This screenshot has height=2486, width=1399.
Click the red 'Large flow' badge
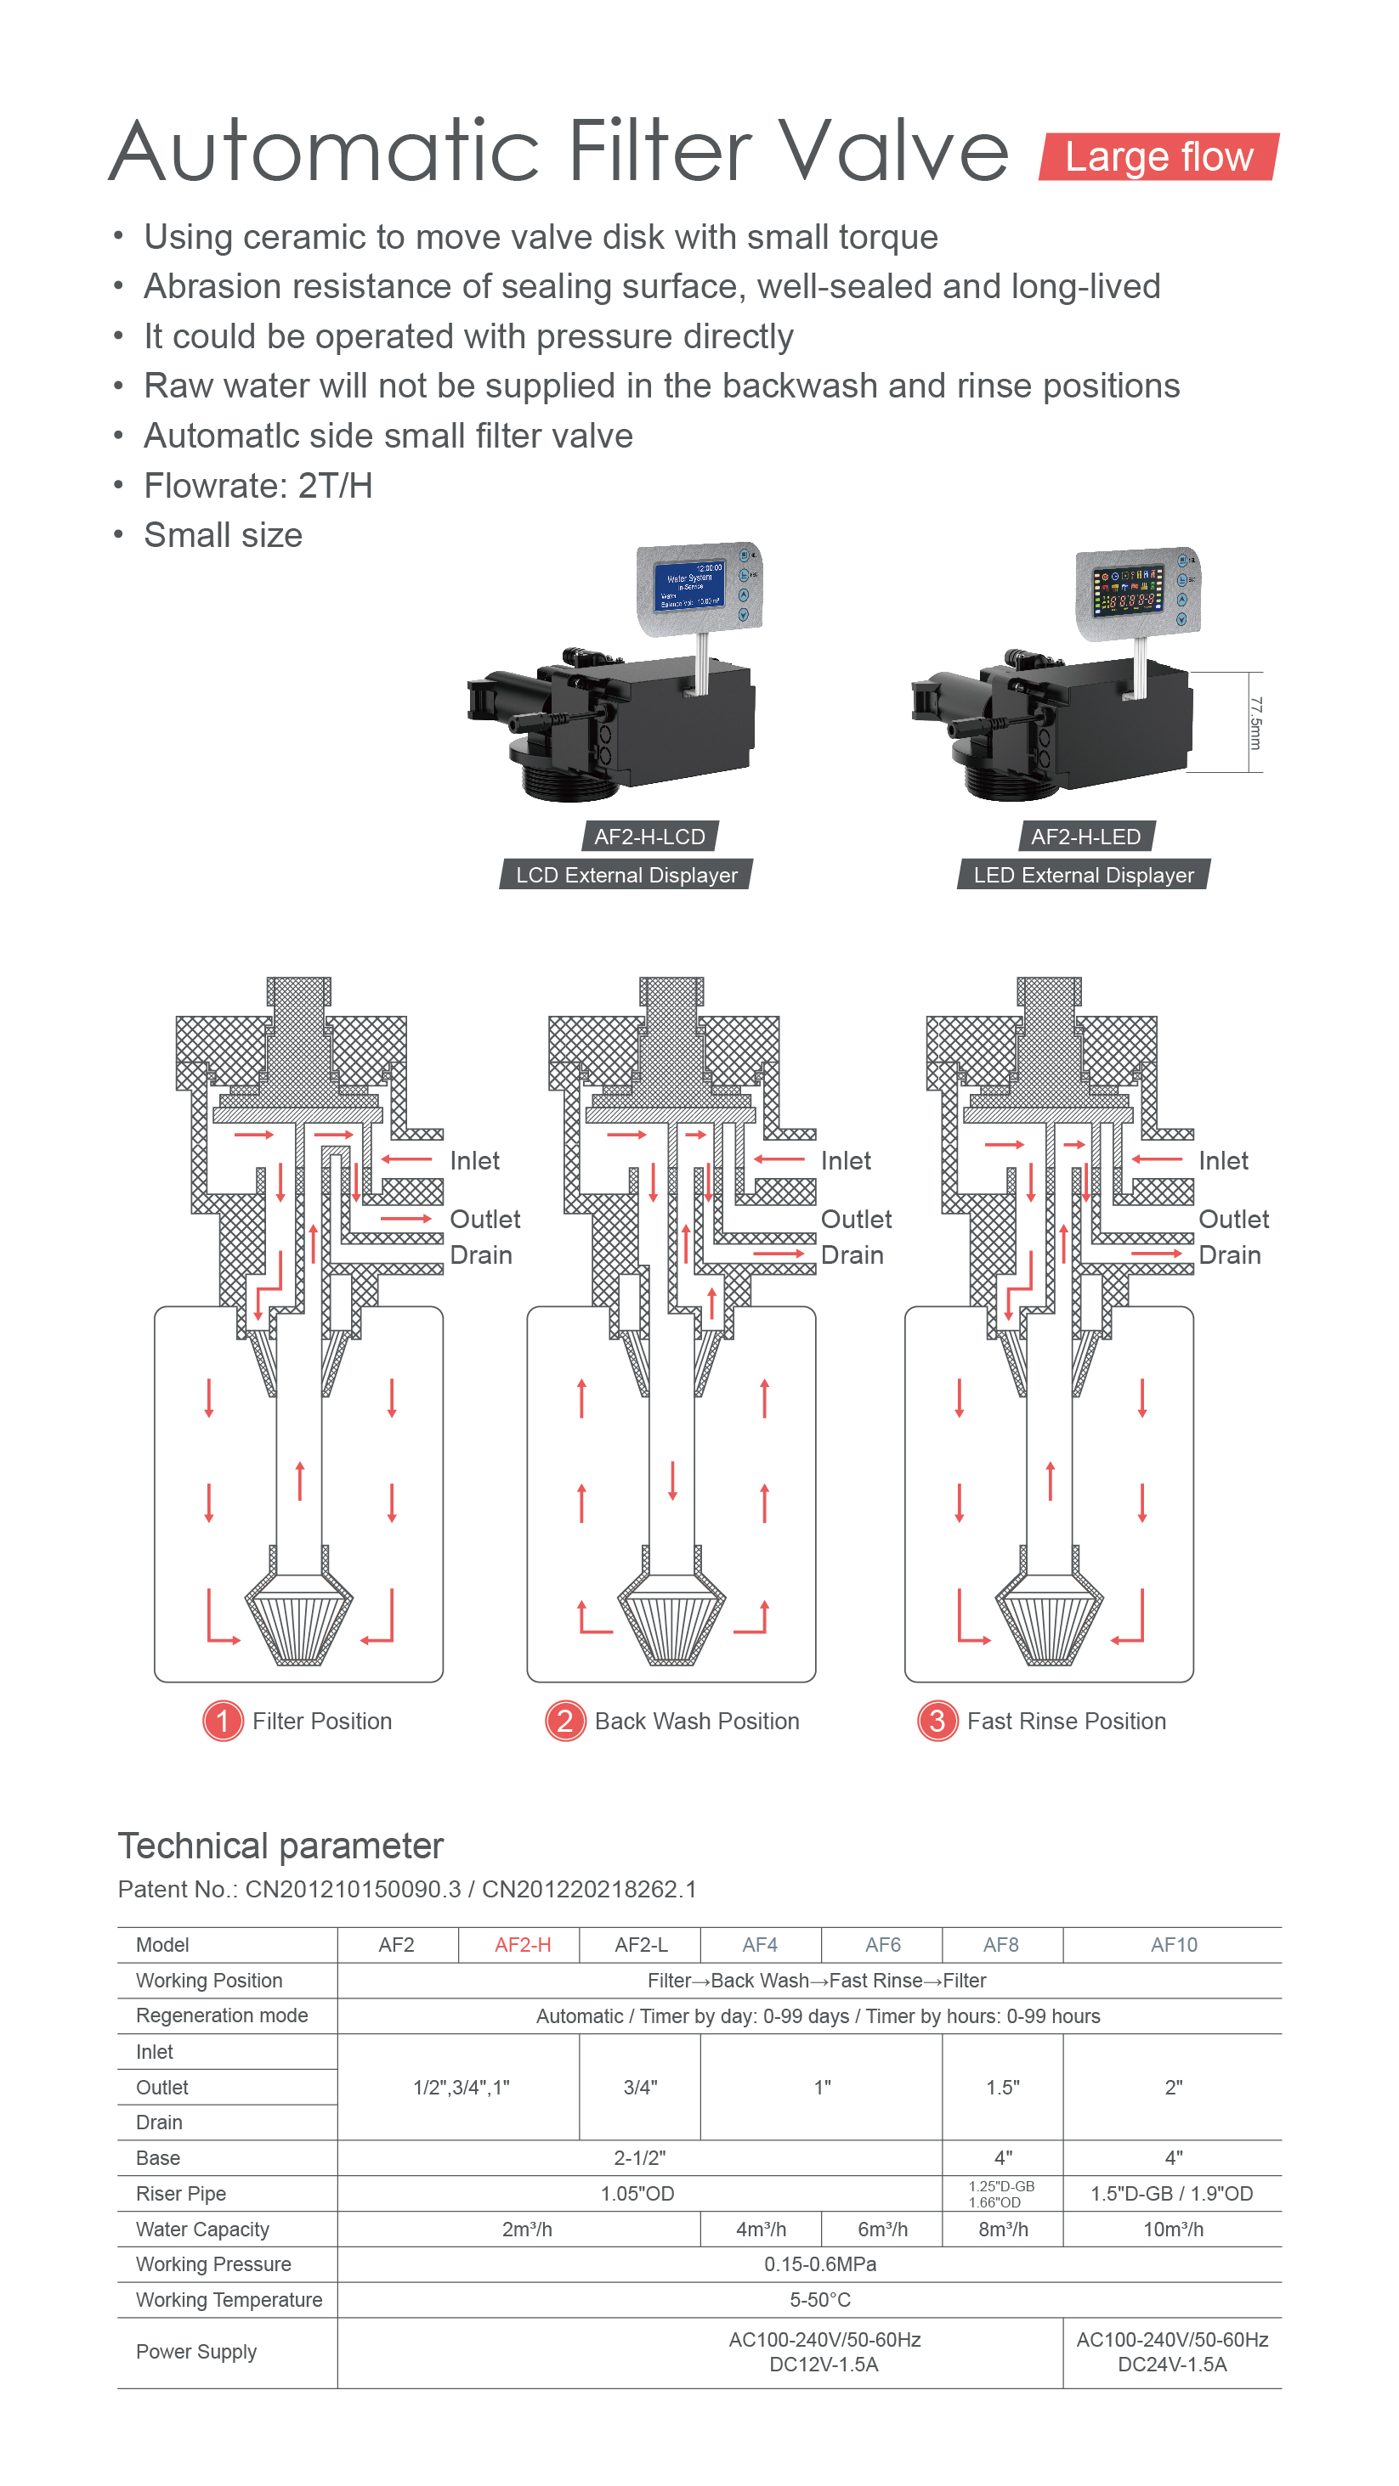coord(1158,156)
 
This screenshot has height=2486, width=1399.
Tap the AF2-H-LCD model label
coord(649,837)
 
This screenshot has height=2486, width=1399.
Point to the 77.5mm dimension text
coord(1255,723)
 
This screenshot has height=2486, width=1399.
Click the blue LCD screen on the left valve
coord(691,585)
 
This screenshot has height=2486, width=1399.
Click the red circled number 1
coord(223,1721)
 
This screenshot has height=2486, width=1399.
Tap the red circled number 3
coord(936,1721)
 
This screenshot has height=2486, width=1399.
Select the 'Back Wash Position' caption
coord(696,1722)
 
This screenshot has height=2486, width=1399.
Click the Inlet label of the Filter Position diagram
coord(474,1161)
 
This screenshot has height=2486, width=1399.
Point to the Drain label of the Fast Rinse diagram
coord(1229,1255)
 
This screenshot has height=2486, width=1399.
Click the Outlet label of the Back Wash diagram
coord(855,1220)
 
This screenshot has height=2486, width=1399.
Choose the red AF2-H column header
coord(523,1945)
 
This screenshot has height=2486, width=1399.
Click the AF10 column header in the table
coord(1173,1945)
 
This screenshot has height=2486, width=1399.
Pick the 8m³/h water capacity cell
coord(1002,2230)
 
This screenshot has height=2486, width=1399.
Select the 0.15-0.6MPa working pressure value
coord(819,2264)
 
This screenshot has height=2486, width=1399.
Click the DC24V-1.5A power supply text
coord(1172,2365)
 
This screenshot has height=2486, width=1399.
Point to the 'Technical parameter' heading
coord(280,1846)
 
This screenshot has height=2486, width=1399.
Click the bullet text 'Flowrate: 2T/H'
coord(258,486)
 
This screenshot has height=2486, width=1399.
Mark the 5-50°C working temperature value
coord(819,2300)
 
